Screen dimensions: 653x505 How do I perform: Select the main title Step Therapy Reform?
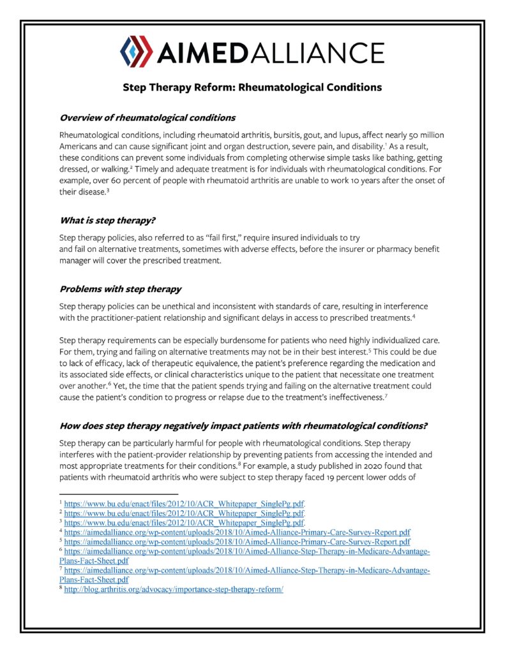tap(252, 87)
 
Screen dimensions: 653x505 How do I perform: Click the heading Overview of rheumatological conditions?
tap(147, 118)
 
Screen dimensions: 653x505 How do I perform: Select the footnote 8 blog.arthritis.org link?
tap(174, 589)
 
